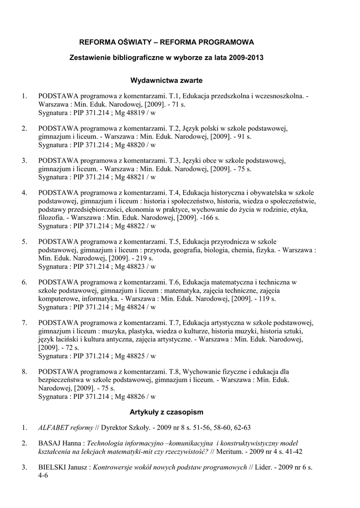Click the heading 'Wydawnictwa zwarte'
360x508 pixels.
166,79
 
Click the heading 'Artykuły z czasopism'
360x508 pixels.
166,412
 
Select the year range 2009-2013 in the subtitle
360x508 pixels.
247,58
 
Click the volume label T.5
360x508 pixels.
174,242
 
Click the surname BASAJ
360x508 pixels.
50,443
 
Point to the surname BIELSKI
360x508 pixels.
53,467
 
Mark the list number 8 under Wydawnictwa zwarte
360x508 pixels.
24,371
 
